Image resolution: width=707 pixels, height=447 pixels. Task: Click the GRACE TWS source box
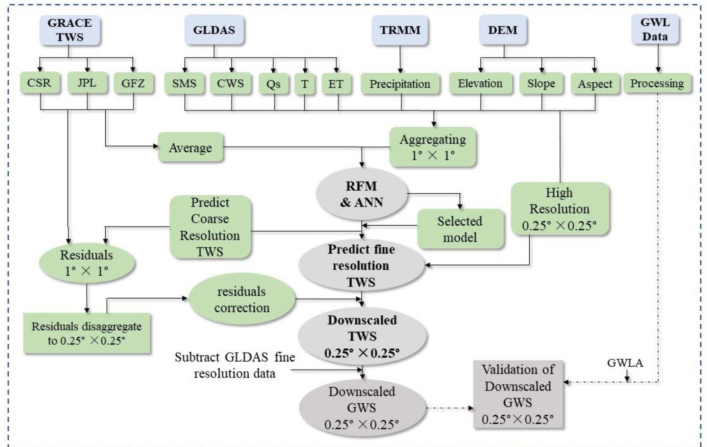69,30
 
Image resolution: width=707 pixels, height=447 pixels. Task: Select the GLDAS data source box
214,30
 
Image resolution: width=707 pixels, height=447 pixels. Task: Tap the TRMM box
400,30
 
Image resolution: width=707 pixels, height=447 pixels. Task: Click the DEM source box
502,30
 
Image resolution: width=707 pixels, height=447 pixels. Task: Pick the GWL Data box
655,30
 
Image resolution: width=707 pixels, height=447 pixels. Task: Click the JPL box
87,83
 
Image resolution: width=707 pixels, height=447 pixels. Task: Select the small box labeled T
305,84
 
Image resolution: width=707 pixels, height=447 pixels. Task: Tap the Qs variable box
274,84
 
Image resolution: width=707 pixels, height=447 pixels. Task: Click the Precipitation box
400,84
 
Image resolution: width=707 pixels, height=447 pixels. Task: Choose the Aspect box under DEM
595,84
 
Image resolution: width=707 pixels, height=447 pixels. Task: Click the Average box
190,148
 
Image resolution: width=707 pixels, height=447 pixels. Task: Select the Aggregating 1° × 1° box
433,147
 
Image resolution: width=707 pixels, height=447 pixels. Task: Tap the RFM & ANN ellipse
361,194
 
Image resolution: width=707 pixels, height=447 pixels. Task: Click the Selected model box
460,229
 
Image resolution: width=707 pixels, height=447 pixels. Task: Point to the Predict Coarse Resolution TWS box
210,227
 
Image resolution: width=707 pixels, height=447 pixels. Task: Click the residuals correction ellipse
241,300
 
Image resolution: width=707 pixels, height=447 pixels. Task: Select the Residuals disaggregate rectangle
87,334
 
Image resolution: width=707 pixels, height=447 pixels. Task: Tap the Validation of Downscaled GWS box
518,394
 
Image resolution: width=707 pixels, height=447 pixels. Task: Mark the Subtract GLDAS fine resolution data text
235,365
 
